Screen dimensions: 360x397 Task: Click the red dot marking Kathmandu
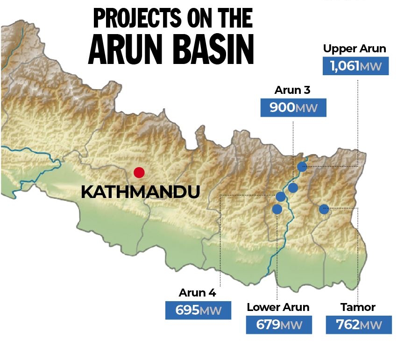[x=139, y=173]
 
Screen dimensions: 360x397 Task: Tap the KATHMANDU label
[x=141, y=192]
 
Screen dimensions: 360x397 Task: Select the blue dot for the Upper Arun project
[x=302, y=167]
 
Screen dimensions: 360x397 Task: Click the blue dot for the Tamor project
[x=324, y=209]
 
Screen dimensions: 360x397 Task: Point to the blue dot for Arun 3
[x=293, y=188]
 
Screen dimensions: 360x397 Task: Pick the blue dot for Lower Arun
[x=277, y=209]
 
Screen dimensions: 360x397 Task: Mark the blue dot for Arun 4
[x=281, y=197]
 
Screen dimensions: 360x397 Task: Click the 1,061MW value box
[x=355, y=66]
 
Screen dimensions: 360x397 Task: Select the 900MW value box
[x=293, y=108]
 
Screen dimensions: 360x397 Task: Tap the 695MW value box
[x=198, y=311]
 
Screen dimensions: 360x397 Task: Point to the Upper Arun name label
[x=355, y=49]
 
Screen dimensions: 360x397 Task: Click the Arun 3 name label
[x=292, y=91]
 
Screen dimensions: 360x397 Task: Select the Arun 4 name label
[x=198, y=293]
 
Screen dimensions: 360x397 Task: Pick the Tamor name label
[x=358, y=307]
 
